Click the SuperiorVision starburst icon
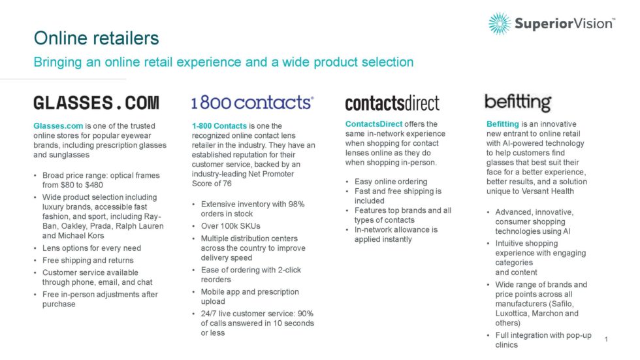click(x=500, y=24)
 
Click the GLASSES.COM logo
click(x=97, y=103)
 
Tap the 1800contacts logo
click(x=253, y=103)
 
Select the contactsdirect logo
click(x=392, y=103)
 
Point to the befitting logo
click(x=518, y=103)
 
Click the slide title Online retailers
click(x=97, y=38)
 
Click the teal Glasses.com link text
click(x=58, y=125)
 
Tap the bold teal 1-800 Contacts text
click(x=219, y=125)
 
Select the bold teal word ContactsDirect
click(x=374, y=123)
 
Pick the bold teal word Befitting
click(x=502, y=123)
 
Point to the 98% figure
click(x=296, y=204)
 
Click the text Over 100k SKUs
click(x=231, y=226)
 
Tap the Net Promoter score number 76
click(x=227, y=184)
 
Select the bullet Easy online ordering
click(x=391, y=182)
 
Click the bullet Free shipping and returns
click(x=88, y=261)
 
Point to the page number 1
click(x=606, y=339)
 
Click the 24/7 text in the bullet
click(x=208, y=314)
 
